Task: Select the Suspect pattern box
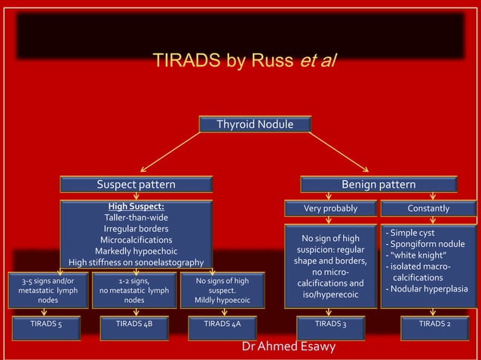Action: (x=136, y=185)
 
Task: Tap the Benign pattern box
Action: (x=378, y=185)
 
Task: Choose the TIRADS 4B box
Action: (x=134, y=325)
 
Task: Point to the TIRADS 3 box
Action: (x=330, y=325)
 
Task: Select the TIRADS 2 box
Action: (x=434, y=325)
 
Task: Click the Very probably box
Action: (x=330, y=208)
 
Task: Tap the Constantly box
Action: (x=428, y=208)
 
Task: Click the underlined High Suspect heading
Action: (x=136, y=206)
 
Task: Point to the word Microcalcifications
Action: (x=136, y=239)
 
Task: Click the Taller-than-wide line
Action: (x=136, y=217)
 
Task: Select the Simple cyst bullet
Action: (x=410, y=233)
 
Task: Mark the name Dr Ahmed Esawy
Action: (x=289, y=347)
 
